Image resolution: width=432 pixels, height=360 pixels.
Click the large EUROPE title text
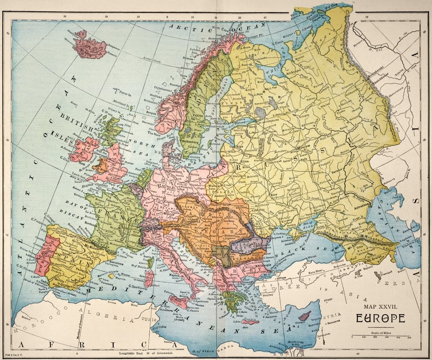click(381, 318)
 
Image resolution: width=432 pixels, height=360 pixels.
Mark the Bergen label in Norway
click(150, 111)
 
